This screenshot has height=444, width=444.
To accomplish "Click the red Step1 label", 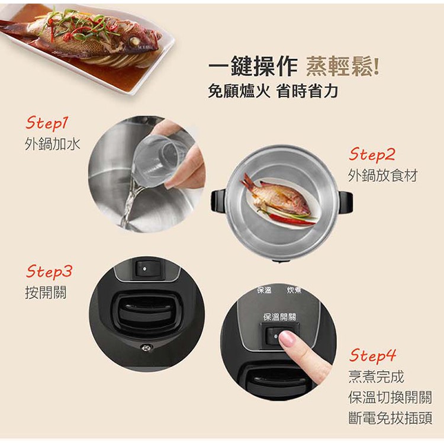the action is point(47,123).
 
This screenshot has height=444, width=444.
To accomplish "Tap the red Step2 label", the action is point(372,155).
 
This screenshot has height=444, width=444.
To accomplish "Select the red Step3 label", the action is point(49,271).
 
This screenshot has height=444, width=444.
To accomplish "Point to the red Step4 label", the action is point(372,355).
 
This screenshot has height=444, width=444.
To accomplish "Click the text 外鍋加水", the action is point(52,144).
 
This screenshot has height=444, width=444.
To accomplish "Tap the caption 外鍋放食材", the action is point(383,176).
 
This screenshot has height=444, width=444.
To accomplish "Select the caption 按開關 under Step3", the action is point(46,292).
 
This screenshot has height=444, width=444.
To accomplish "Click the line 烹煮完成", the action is point(376,377).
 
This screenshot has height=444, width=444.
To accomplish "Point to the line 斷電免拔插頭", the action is point(390,418).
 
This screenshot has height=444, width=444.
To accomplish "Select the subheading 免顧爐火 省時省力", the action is point(273,91).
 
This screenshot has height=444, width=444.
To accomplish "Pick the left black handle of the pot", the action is point(218,201).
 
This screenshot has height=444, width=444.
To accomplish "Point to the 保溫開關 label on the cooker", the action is point(280,317).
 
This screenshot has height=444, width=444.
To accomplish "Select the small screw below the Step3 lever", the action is point(146,348).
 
